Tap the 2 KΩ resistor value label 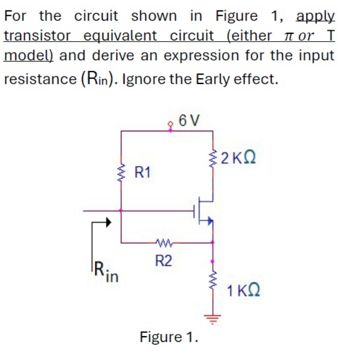click(239, 158)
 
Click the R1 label click(143, 172)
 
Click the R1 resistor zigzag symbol click(122, 172)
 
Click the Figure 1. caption click(169, 336)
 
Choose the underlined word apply click(315, 16)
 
